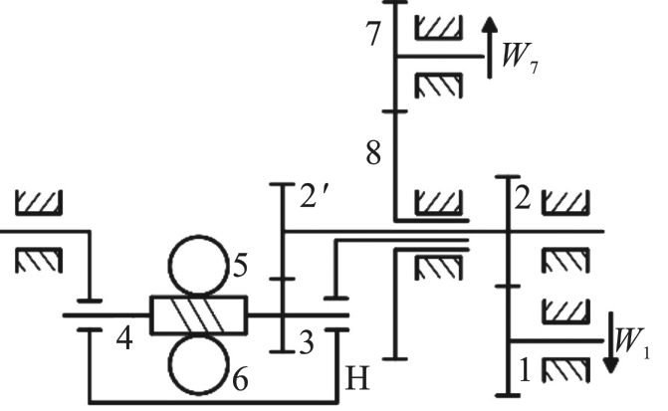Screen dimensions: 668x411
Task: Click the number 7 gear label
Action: (373, 33)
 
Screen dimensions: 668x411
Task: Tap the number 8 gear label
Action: (373, 152)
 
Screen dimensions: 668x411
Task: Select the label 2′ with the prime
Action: (314, 196)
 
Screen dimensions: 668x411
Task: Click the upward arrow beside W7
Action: (490, 48)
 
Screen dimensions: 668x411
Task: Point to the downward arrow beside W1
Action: (611, 343)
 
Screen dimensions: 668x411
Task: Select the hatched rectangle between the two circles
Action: (198, 314)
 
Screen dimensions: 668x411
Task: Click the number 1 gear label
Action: (526, 370)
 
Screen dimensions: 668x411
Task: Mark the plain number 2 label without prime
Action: (523, 198)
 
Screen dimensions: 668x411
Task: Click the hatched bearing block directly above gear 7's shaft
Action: (439, 28)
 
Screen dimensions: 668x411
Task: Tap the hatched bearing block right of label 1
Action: (566, 369)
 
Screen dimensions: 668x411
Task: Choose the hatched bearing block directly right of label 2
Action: (566, 202)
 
